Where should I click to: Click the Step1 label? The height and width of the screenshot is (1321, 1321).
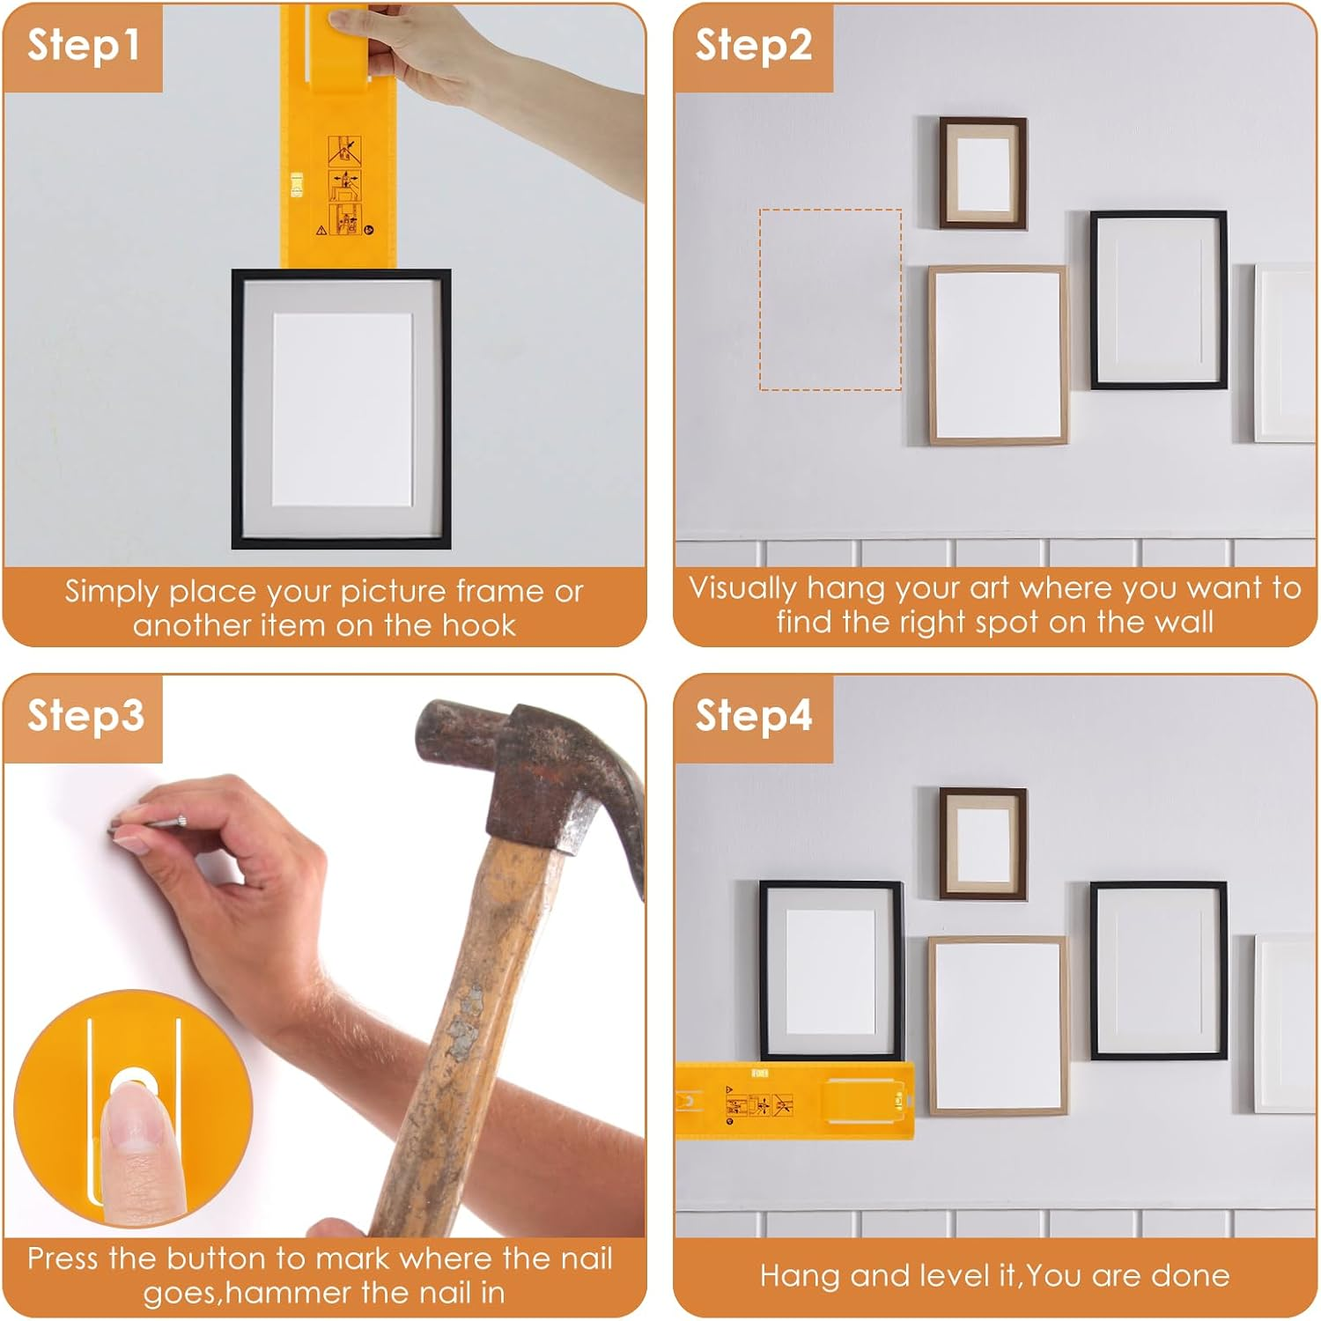click(x=83, y=46)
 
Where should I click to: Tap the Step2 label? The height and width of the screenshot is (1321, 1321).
click(x=753, y=46)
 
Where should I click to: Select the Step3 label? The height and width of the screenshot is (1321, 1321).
click(x=85, y=716)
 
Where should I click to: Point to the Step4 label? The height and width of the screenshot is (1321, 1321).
click(x=753, y=716)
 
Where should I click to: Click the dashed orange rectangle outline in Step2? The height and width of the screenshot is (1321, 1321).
click(x=830, y=299)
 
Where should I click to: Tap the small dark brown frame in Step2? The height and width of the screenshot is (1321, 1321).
click(x=983, y=173)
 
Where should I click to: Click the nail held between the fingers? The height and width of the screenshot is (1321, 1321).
click(x=150, y=824)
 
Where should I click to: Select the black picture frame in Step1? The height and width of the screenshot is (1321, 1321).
click(x=341, y=409)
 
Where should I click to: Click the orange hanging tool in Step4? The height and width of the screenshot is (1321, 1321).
click(x=793, y=1101)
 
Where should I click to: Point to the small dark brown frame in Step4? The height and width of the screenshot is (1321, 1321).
click(x=983, y=844)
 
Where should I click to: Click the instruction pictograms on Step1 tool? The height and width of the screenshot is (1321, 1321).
click(x=344, y=187)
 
